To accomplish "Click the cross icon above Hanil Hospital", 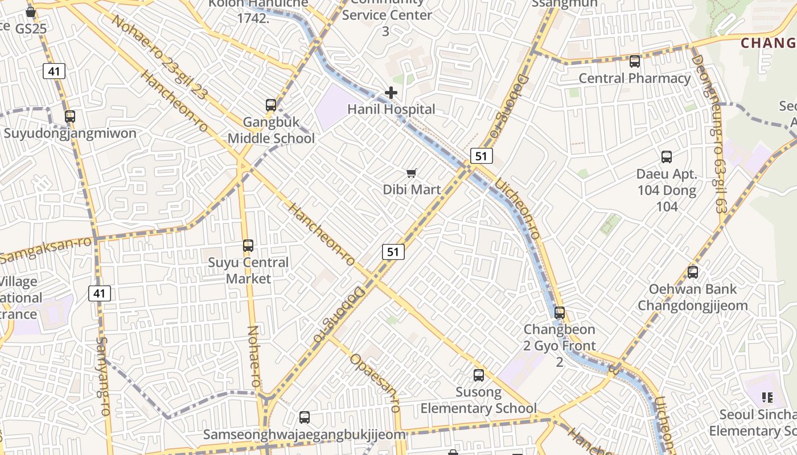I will [x=391, y=93].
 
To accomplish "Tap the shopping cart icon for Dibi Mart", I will [x=411, y=173].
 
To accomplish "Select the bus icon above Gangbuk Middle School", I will [x=271, y=105].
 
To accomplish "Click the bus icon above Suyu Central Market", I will [x=248, y=246].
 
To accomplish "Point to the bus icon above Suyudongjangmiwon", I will [x=70, y=117].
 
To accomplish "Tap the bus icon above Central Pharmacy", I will [x=635, y=61].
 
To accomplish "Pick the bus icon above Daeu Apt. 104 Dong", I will [x=667, y=157].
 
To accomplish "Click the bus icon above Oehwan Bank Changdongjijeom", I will [x=693, y=272].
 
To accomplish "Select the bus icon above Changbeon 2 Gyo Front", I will [x=560, y=313].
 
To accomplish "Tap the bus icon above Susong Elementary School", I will [x=479, y=375].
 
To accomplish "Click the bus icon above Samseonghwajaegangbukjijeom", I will [x=305, y=417].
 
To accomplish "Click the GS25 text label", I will [x=31, y=28].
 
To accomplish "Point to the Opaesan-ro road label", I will [x=375, y=383].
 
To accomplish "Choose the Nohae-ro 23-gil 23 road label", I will [x=159, y=57].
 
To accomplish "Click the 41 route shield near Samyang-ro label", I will [x=100, y=293].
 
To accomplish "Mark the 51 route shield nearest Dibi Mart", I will [x=481, y=156].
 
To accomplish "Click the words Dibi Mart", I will [x=412, y=189].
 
